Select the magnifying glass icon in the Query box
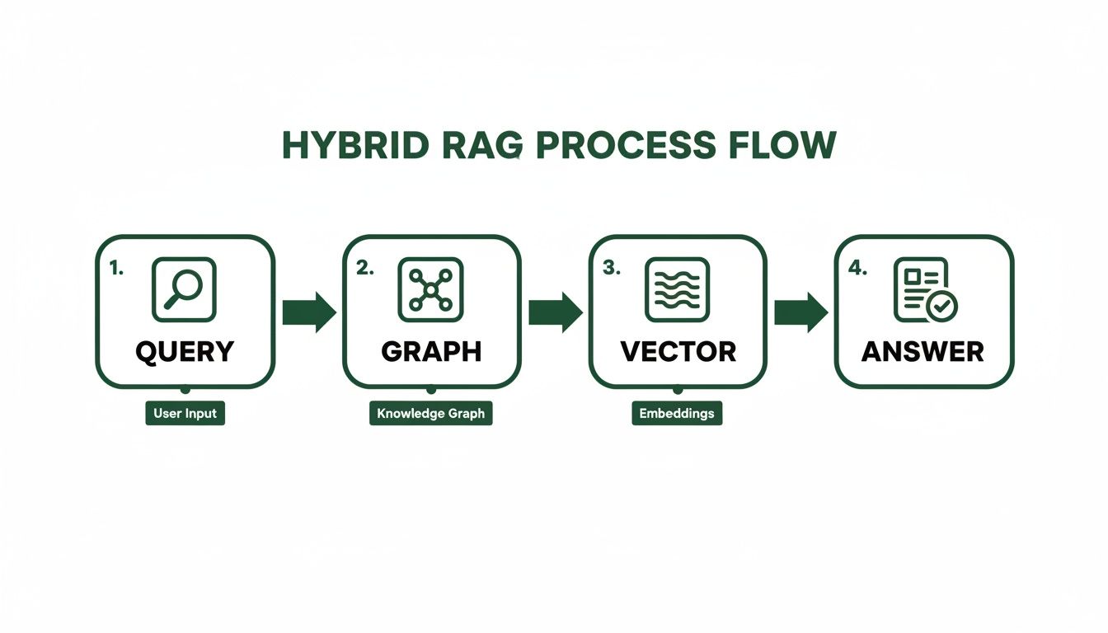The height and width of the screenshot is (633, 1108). point(184,289)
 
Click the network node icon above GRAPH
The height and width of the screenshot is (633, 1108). point(430,289)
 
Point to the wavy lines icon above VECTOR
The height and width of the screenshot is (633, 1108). point(677,289)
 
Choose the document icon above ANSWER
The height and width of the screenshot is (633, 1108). point(920,288)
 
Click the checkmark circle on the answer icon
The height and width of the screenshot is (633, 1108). point(942,307)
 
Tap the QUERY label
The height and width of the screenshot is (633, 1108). point(185,351)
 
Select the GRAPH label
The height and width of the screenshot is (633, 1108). point(431,351)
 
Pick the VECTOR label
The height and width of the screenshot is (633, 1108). point(678,351)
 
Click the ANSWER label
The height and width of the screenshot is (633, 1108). point(923,351)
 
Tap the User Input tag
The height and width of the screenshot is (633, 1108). point(185,413)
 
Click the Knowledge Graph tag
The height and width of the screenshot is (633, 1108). point(430,413)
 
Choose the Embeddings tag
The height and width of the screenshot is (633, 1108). point(677,413)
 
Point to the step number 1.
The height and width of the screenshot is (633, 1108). point(116,268)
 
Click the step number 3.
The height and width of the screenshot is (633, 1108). point(611,268)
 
